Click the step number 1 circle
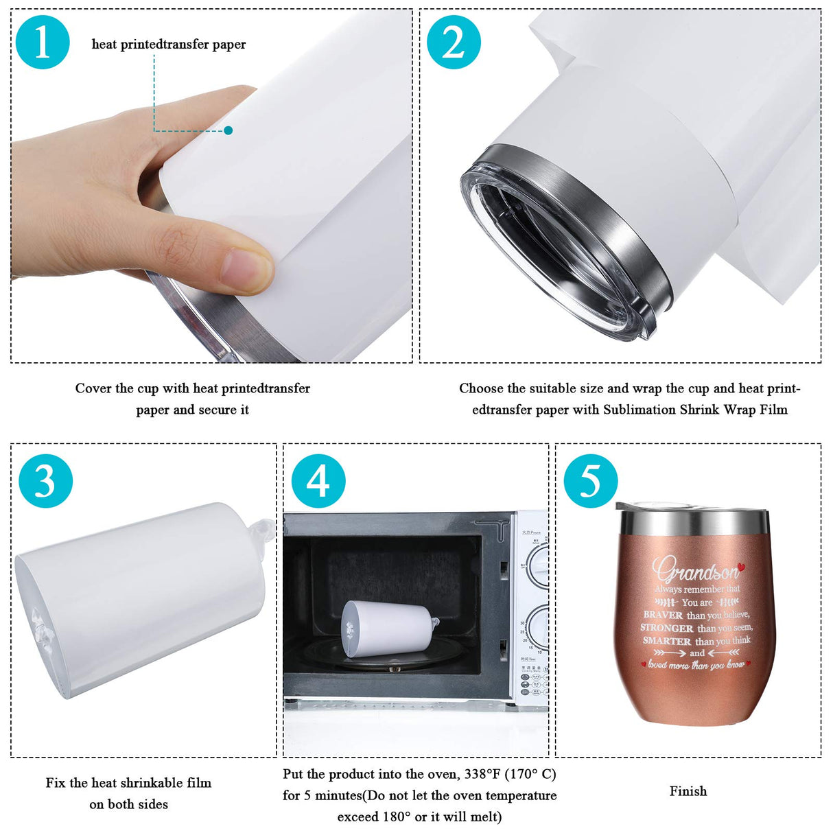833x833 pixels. pyautogui.click(x=43, y=42)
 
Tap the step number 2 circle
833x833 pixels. pyautogui.click(x=454, y=42)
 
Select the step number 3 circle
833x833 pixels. pyautogui.click(x=45, y=480)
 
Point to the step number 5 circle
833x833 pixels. pyautogui.click(x=591, y=480)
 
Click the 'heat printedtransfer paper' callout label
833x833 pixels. pyautogui.click(x=169, y=45)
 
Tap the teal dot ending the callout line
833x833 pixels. pyautogui.click(x=228, y=130)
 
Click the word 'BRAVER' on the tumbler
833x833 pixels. pyautogui.click(x=663, y=615)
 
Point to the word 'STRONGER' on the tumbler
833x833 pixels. pyautogui.click(x=667, y=628)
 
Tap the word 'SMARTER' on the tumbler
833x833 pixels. pyautogui.click(x=667, y=641)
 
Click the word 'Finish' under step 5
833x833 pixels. pyautogui.click(x=688, y=791)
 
